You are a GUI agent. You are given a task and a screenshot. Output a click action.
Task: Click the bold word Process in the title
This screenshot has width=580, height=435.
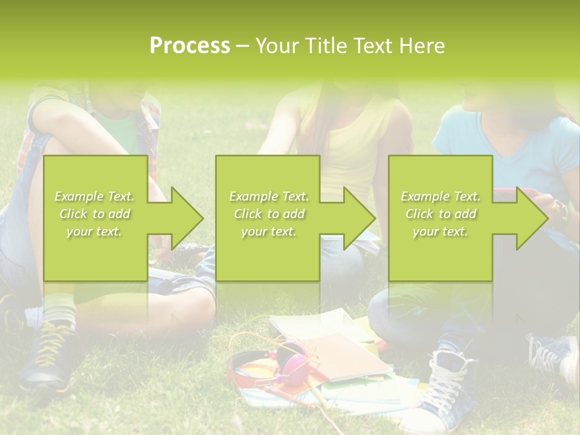tap(190, 45)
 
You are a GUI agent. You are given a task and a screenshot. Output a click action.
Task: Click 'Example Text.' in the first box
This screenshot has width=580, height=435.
tap(94, 196)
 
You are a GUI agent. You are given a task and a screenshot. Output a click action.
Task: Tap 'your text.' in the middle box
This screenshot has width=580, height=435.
tap(268, 231)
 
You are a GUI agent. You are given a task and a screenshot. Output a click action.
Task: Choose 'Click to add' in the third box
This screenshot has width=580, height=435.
tap(440, 214)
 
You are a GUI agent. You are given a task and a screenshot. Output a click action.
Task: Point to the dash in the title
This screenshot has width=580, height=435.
tap(242, 46)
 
